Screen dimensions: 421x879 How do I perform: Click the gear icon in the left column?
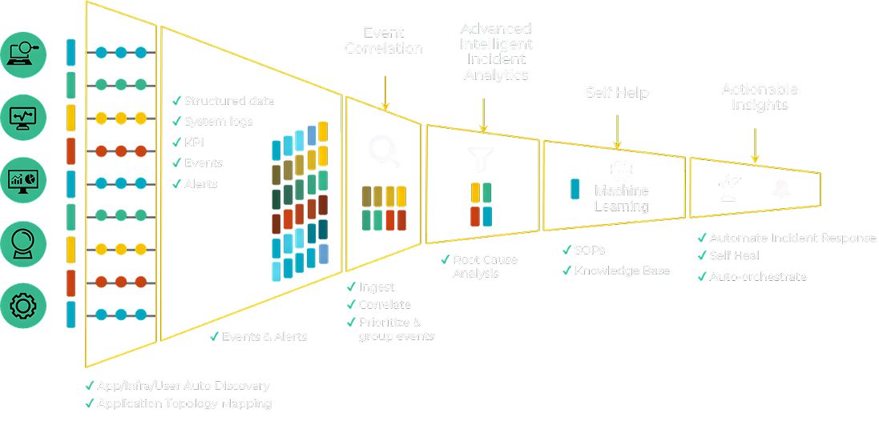(24, 304)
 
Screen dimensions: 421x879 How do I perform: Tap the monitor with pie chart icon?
(24, 178)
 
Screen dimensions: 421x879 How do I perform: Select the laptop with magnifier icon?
(24, 54)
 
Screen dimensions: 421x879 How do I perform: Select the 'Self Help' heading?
(615, 93)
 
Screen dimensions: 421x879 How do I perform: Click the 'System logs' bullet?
(218, 122)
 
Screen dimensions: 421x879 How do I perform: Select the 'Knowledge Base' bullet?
(622, 271)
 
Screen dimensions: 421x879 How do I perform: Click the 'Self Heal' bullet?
(733, 256)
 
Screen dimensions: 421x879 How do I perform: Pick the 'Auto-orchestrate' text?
(757, 277)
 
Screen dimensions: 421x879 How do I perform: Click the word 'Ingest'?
(377, 287)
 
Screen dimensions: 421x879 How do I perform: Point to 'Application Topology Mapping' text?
(183, 404)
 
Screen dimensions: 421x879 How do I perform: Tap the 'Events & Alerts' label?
(264, 337)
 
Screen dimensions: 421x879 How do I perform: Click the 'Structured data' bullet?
(228, 101)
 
